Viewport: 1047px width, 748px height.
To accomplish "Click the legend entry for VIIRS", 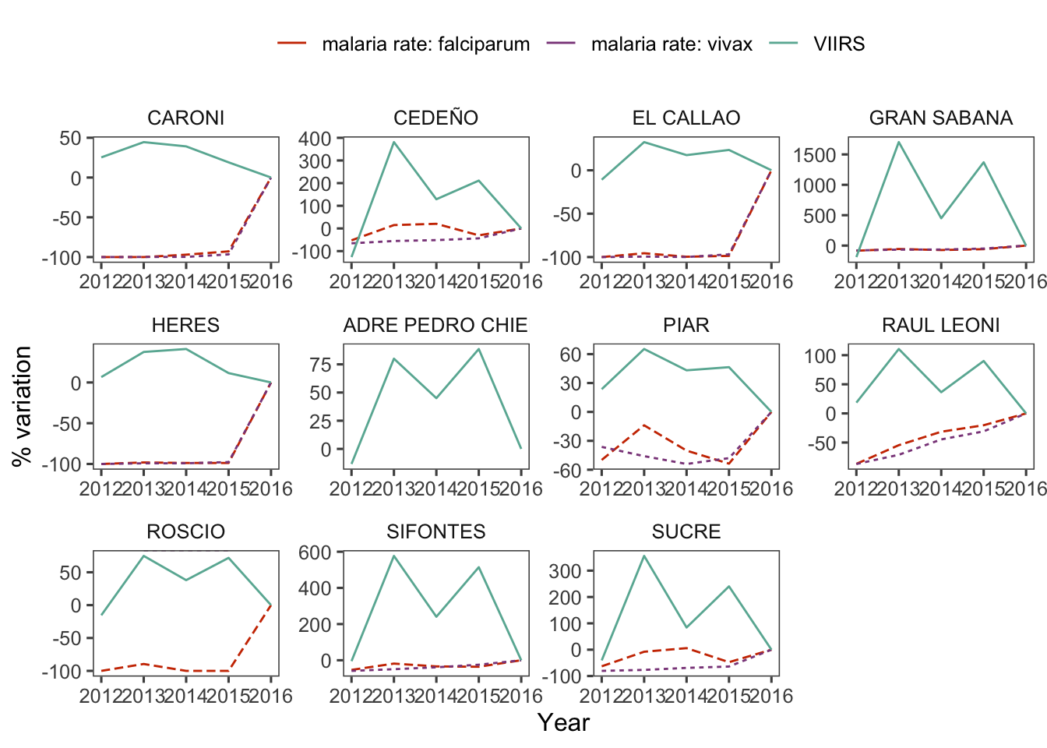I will [838, 44].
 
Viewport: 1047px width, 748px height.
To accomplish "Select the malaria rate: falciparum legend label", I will [425, 44].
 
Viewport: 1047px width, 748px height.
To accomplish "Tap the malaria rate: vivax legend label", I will [672, 44].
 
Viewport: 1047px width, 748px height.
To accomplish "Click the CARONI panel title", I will [185, 118].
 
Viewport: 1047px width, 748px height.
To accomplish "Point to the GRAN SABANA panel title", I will [940, 118].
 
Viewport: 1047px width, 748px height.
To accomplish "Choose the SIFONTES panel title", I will [435, 531].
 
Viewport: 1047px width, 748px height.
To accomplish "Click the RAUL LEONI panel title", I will [940, 325].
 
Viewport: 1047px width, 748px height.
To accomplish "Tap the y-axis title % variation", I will [23, 406].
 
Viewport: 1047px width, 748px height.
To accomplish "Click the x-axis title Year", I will [563, 722].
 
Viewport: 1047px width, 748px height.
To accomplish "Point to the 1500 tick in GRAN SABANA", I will [814, 155].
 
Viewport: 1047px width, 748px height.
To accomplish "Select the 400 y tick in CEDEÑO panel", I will [315, 139].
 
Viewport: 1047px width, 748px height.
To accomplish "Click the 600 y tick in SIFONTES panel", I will [315, 552].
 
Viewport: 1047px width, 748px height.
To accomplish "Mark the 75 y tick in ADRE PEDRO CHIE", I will [321, 365].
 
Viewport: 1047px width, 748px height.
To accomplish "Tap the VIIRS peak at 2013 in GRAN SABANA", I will [899, 142].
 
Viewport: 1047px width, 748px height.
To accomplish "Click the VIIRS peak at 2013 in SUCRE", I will [644, 556].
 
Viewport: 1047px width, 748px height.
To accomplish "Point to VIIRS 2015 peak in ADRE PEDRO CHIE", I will [478, 349].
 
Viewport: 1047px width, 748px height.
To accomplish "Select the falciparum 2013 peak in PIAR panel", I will [644, 425].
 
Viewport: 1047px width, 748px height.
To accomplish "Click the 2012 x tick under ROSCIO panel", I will [101, 696].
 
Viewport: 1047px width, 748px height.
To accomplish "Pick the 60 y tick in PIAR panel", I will [571, 355].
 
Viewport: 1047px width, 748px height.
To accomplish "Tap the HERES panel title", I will [185, 325].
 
